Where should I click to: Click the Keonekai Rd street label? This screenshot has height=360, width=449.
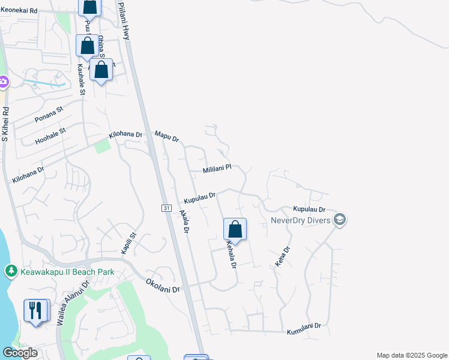[19, 11]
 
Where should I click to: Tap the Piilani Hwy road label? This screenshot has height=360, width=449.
[123, 20]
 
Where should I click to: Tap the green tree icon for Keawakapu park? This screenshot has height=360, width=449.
[11, 272]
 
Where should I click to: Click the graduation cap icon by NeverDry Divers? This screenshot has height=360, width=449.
[340, 220]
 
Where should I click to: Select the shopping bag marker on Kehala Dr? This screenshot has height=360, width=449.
[235, 229]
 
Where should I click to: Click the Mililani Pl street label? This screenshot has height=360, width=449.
[216, 170]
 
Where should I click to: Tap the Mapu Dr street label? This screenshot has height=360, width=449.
[167, 136]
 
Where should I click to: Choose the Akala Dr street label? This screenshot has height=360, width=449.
[185, 221]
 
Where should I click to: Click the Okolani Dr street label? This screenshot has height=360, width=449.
[163, 284]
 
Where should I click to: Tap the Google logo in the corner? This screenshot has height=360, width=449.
[20, 353]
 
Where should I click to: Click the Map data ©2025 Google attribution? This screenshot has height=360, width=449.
[412, 355]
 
